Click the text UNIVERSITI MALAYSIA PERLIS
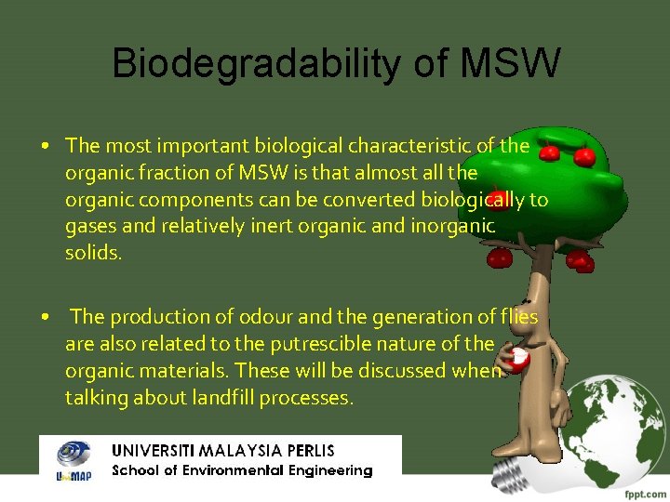223,450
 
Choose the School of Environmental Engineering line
242,470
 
